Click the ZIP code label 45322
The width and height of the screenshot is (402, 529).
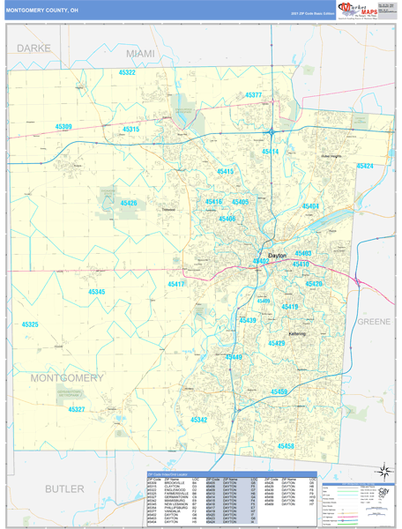point(127,72)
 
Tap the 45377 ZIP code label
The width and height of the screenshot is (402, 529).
point(254,95)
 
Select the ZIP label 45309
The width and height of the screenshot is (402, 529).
point(63,127)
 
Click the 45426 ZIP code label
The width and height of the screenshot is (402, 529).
point(129,204)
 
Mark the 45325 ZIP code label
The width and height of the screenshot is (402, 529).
point(30,324)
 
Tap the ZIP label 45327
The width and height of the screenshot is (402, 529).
point(77,409)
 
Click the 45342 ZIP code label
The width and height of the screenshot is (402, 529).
point(199,420)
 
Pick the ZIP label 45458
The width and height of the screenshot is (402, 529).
point(286,446)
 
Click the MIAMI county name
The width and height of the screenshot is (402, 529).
point(139,54)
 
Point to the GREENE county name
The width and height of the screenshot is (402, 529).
point(373,322)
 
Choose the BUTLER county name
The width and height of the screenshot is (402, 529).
point(64,488)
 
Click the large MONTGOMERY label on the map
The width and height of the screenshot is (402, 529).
point(67,377)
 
